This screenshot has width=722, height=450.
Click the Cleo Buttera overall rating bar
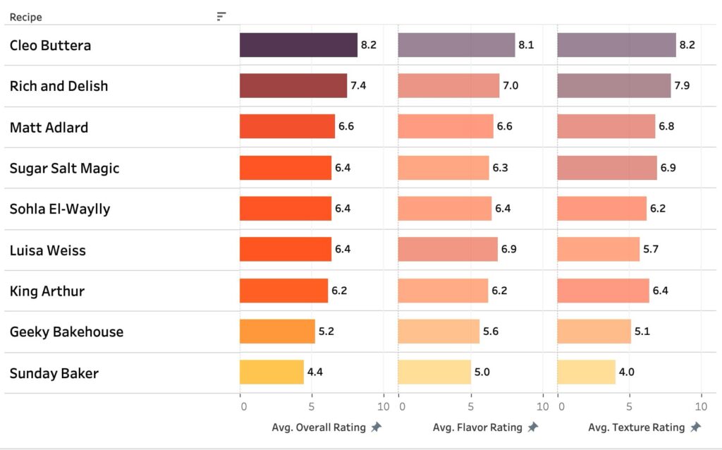click(x=298, y=45)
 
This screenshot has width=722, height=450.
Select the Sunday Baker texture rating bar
click(x=586, y=372)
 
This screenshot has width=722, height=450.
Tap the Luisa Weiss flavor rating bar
click(x=448, y=250)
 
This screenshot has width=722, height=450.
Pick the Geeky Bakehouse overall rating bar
click(x=277, y=332)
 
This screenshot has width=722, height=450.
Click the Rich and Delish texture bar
click(x=613, y=86)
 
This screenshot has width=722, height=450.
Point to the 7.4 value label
click(x=358, y=86)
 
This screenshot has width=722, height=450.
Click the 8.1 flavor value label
click(x=526, y=45)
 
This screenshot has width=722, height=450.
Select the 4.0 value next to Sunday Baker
click(x=626, y=372)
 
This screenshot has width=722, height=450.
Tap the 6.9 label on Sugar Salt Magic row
click(x=668, y=168)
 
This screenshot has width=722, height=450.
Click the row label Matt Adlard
click(x=49, y=128)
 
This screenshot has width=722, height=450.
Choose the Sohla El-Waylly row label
click(x=60, y=209)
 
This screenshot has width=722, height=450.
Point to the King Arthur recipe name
click(x=47, y=291)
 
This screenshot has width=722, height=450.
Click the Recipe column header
click(x=25, y=17)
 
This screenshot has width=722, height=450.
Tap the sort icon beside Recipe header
click(x=221, y=16)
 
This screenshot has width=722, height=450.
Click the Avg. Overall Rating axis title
click(x=319, y=427)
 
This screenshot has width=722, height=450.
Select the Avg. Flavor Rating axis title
click(x=477, y=427)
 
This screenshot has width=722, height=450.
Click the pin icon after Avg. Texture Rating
click(x=695, y=427)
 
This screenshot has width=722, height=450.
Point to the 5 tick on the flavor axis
click(x=471, y=407)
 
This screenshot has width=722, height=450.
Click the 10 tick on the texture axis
click(x=701, y=407)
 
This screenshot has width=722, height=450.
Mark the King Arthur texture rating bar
click(x=603, y=291)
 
